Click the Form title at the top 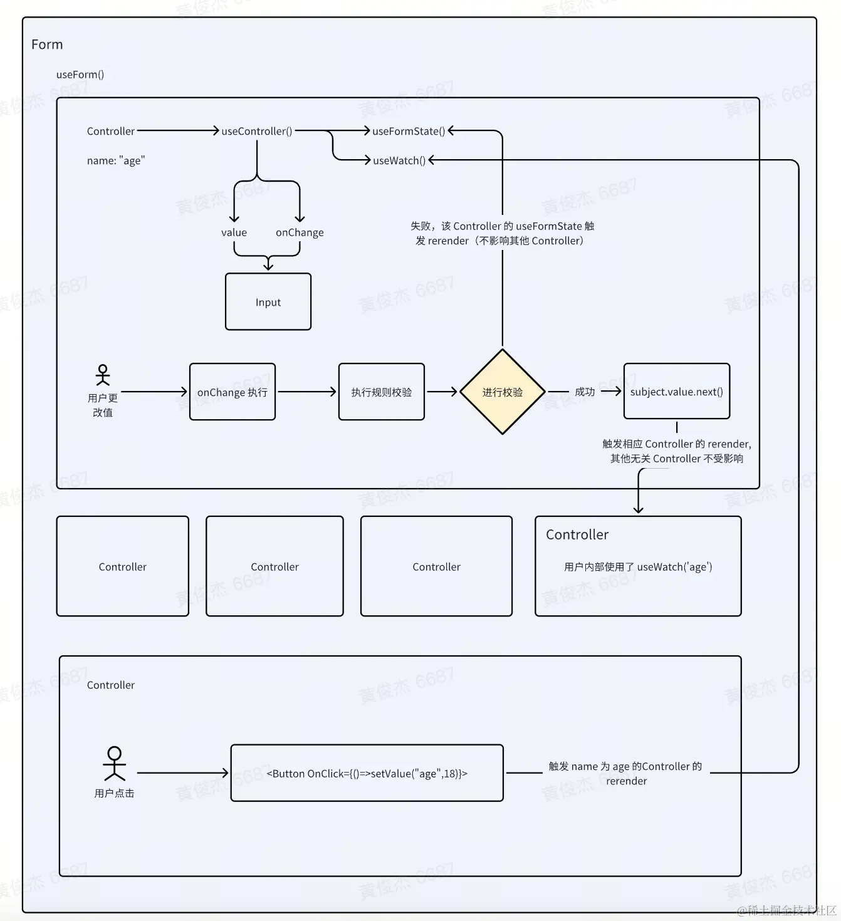pyautogui.click(x=47, y=44)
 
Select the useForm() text pyautogui.click(x=80, y=75)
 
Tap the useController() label pyautogui.click(x=257, y=132)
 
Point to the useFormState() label pyautogui.click(x=409, y=132)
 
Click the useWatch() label pyautogui.click(x=399, y=160)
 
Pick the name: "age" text pyautogui.click(x=116, y=160)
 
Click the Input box pyautogui.click(x=268, y=301)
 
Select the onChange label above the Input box pyautogui.click(x=300, y=233)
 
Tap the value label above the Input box pyautogui.click(x=234, y=233)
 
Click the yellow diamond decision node pyautogui.click(x=503, y=392)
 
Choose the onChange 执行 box pyautogui.click(x=232, y=392)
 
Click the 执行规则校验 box pyautogui.click(x=381, y=392)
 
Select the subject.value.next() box pyautogui.click(x=677, y=391)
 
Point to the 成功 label pyautogui.click(x=585, y=392)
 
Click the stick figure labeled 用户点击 pyautogui.click(x=115, y=763)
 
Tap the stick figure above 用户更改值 pyautogui.click(x=103, y=375)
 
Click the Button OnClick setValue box pyautogui.click(x=367, y=773)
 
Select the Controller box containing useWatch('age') pyautogui.click(x=638, y=566)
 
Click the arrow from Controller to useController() pyautogui.click(x=178, y=131)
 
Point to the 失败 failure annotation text pyautogui.click(x=501, y=233)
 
